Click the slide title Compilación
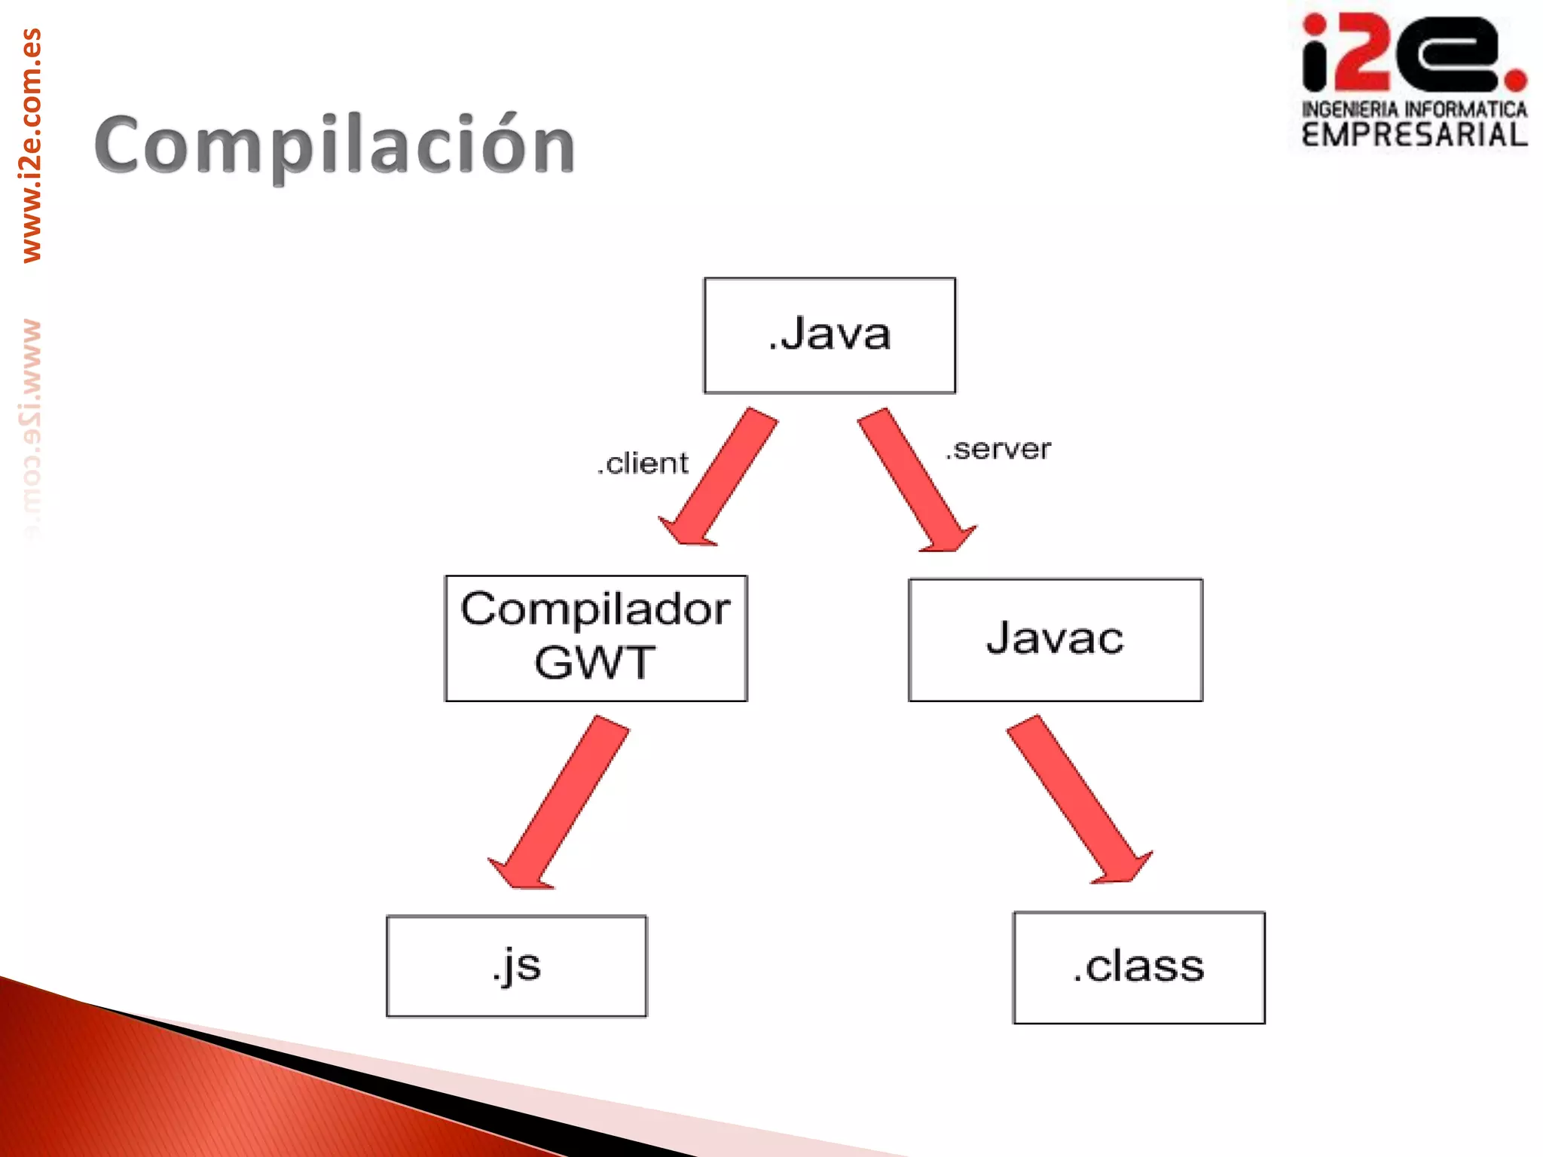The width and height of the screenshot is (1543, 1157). tap(335, 145)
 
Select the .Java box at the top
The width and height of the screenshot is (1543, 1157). tap(830, 335)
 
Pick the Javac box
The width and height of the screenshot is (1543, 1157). tap(1055, 640)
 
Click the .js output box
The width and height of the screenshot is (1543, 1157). tap(516, 966)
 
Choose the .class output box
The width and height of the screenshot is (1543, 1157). tap(1138, 967)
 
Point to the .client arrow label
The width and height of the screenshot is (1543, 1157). tap(643, 463)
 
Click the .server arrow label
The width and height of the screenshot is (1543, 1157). tap(998, 450)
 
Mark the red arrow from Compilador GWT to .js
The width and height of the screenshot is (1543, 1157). tap(561, 802)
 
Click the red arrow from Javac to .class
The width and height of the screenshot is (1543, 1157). tap(1077, 798)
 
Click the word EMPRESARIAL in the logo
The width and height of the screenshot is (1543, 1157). tap(1414, 136)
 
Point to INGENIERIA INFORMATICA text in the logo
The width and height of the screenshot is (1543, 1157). tap(1414, 110)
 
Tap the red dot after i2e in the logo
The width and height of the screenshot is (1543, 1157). tap(1514, 79)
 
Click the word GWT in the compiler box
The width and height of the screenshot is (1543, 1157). tap(594, 663)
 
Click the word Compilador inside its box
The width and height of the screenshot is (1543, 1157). tap(594, 609)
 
